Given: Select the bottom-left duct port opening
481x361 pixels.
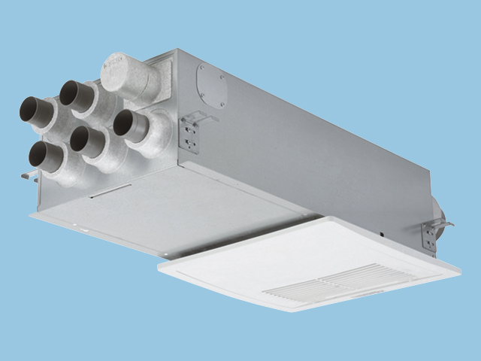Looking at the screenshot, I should click(x=38, y=153).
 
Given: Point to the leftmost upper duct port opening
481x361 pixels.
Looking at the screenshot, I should click(x=30, y=108).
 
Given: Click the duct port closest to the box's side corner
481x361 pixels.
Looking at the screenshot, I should click(x=123, y=123).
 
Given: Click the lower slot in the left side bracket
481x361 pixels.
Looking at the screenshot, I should click(x=189, y=142).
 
